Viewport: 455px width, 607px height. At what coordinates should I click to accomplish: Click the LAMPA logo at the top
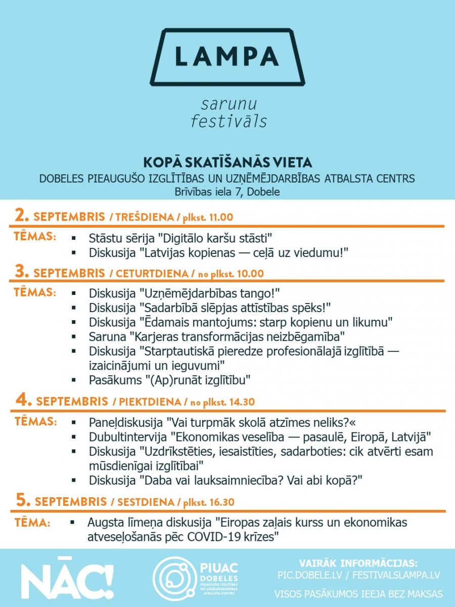[227, 56]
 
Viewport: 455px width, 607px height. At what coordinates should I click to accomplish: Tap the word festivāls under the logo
[229, 121]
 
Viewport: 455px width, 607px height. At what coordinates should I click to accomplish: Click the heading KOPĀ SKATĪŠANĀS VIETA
[227, 162]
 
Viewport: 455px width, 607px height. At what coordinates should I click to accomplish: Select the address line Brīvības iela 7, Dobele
[227, 191]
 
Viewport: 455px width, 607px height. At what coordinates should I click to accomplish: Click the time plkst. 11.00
[208, 218]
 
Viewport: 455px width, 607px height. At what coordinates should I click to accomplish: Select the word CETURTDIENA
[152, 274]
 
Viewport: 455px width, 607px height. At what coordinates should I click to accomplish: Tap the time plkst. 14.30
[229, 403]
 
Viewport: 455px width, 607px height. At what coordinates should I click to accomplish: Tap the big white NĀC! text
[67, 578]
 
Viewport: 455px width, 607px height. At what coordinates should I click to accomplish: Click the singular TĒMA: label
[32, 523]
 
